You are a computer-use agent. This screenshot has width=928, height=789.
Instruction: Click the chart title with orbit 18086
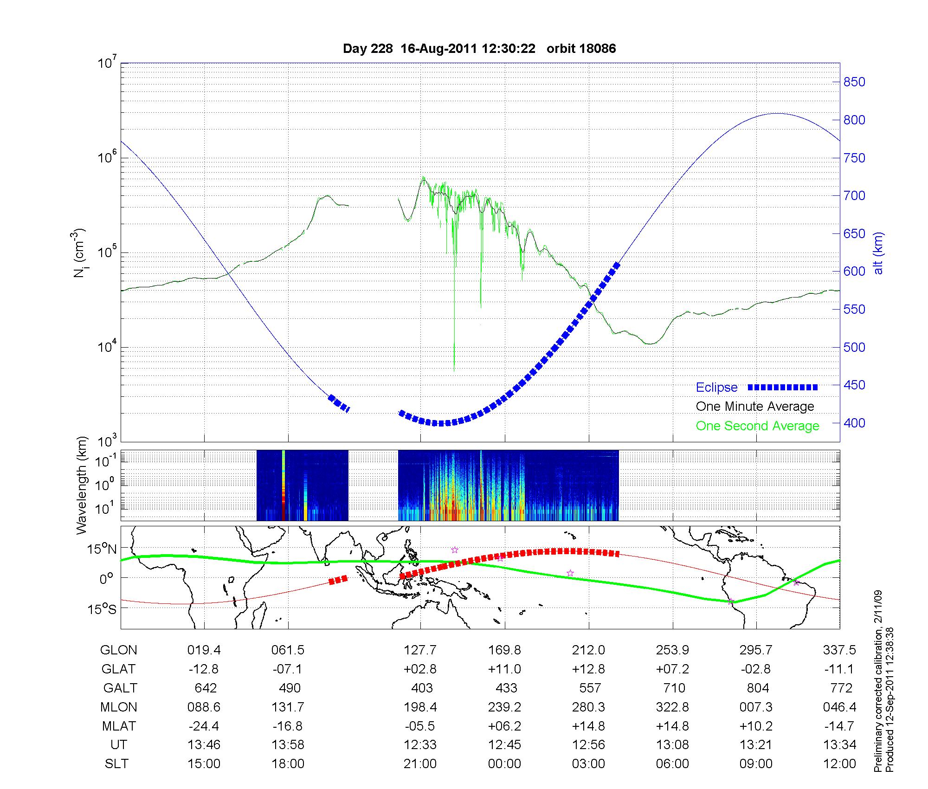pos(479,49)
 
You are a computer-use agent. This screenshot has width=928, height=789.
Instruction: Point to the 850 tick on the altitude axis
pos(854,82)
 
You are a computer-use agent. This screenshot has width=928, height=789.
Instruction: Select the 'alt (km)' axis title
pos(878,253)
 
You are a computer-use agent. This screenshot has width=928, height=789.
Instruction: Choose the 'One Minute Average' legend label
pos(755,407)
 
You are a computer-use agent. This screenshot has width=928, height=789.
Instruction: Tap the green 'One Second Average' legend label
pos(757,426)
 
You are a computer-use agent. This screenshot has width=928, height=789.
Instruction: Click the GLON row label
pos(118,650)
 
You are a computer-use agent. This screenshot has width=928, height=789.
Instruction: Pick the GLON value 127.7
pos(420,650)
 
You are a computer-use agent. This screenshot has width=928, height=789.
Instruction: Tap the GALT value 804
pos(758,688)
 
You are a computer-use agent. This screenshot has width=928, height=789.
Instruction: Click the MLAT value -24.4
pos(204,726)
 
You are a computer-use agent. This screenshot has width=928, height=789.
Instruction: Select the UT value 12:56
pos(589,745)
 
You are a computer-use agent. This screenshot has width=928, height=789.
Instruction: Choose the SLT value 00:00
pos(504,764)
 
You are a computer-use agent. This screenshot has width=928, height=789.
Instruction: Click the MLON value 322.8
pos(673,707)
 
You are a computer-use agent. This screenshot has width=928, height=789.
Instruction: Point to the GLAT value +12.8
pos(589,669)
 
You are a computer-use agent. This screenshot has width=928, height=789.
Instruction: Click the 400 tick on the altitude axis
pos(854,423)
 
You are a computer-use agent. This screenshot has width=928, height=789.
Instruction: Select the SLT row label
pos(116,764)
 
